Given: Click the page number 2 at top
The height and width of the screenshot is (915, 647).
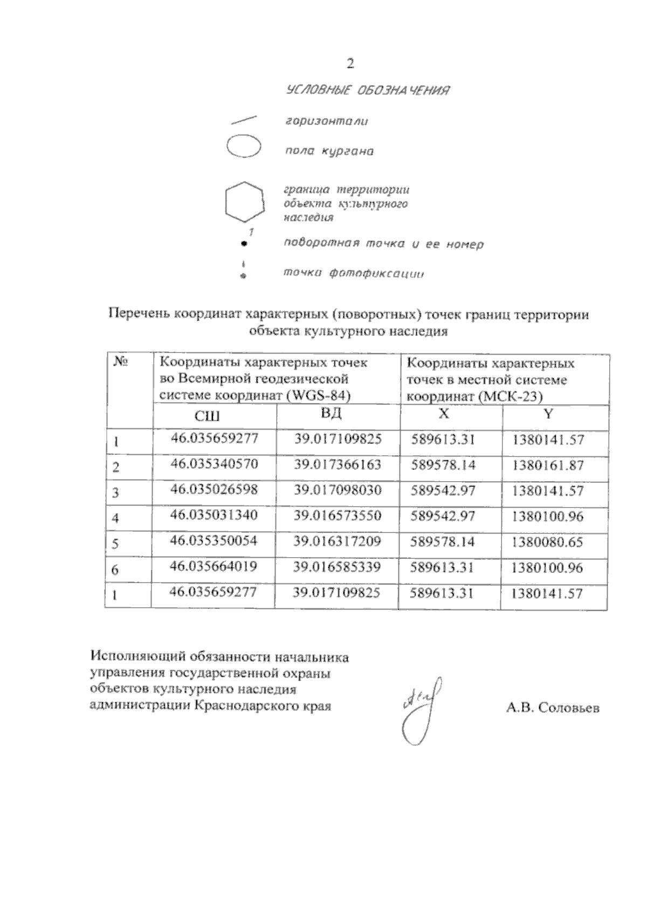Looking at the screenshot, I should pyautogui.click(x=350, y=64).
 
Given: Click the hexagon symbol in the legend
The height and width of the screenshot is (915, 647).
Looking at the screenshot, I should pyautogui.click(x=245, y=202).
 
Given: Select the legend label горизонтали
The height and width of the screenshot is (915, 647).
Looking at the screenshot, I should pyautogui.click(x=327, y=121).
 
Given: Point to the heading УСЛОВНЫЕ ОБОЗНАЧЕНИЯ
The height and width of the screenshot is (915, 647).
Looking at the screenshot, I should pyautogui.click(x=368, y=90).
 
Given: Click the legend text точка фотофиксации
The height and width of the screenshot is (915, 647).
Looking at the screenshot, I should pyautogui.click(x=354, y=273).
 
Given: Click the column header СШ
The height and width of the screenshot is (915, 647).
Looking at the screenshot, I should pyautogui.click(x=207, y=416).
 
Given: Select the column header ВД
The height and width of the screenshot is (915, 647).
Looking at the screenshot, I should pyautogui.click(x=331, y=414).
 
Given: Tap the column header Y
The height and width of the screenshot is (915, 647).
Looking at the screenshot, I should pyautogui.click(x=548, y=414).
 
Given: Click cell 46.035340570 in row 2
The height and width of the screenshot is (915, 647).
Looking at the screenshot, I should pyautogui.click(x=214, y=464).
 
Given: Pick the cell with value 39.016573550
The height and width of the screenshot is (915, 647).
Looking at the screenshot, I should pyautogui.click(x=338, y=516).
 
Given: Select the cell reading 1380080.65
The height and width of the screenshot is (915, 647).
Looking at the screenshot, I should pyautogui.click(x=547, y=542).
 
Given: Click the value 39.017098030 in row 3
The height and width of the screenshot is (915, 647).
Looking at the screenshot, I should pyautogui.click(x=338, y=490).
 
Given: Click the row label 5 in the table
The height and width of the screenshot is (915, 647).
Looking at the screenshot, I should pyautogui.click(x=115, y=544).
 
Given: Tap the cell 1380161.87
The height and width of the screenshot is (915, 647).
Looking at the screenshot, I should pyautogui.click(x=548, y=465).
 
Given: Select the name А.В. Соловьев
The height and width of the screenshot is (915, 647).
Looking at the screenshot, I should pyautogui.click(x=553, y=708).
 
